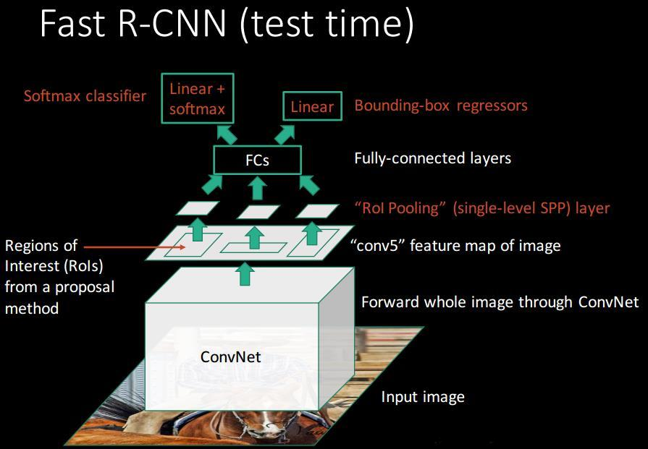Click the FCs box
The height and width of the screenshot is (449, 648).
coord(257,160)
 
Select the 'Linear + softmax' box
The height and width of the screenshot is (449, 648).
coord(198,98)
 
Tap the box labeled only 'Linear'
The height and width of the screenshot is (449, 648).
coord(312,106)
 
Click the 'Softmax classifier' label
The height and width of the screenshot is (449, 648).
coord(85,96)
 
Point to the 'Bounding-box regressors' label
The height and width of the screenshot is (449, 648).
coord(441,106)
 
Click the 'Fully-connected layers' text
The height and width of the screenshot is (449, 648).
coord(433,158)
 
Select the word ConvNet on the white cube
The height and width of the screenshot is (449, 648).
coord(231,356)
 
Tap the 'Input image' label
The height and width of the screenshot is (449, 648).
coord(423,397)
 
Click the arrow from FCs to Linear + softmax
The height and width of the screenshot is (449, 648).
coord(227,135)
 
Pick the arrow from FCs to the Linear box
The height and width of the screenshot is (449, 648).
coord(285,135)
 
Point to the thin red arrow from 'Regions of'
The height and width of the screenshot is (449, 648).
coord(135,247)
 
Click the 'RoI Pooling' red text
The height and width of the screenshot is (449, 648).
coord(397,208)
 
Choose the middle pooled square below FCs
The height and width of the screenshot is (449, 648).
coord(258,212)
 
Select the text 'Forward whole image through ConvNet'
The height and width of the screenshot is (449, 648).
coord(500,302)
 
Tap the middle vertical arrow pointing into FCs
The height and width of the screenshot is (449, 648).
coord(258,188)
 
